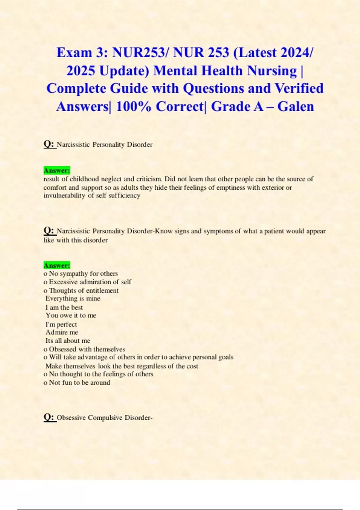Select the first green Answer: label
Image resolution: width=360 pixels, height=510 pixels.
[x=57, y=170]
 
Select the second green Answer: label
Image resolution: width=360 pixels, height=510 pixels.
[x=57, y=265]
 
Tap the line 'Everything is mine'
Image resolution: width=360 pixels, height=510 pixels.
[x=73, y=298]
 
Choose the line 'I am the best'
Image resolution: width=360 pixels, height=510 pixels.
[x=64, y=307]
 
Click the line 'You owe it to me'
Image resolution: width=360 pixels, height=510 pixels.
[x=71, y=315]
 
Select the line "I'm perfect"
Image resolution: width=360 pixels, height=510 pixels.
[x=61, y=324]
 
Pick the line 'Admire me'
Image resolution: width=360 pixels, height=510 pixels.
[x=62, y=332]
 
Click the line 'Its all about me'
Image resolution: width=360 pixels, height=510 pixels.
[x=68, y=341]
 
